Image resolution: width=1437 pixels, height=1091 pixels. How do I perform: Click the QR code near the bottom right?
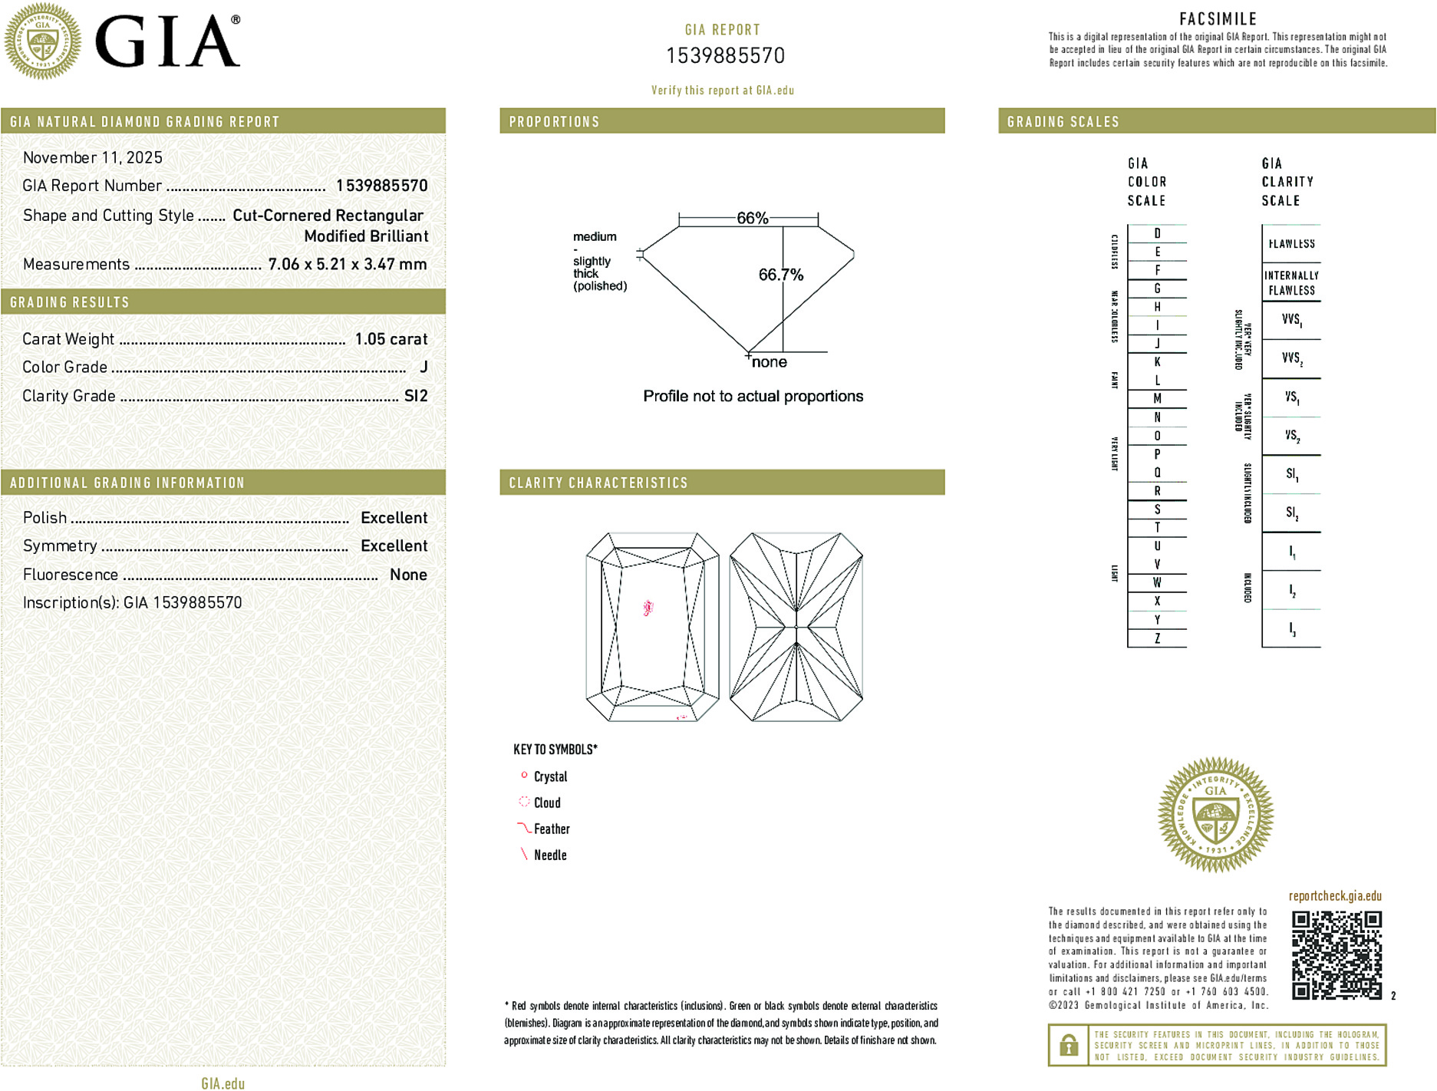(x=1336, y=955)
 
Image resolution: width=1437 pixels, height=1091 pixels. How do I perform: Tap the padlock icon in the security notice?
(x=1068, y=1045)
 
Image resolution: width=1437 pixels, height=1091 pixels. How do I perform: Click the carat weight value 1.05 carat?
(x=391, y=339)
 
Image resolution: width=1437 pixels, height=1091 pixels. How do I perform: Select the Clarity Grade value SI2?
(x=416, y=396)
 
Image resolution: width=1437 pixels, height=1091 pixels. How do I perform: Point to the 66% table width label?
(x=752, y=218)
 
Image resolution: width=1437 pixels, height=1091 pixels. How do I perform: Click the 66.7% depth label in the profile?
(x=780, y=275)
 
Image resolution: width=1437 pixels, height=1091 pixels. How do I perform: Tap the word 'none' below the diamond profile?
(x=770, y=362)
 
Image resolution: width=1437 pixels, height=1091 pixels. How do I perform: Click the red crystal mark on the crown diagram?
(x=648, y=608)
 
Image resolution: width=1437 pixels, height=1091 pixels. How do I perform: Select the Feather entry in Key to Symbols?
(x=552, y=829)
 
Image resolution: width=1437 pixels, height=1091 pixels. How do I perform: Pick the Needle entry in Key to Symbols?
(x=550, y=855)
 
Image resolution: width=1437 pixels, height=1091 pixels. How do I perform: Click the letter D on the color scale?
(x=1157, y=233)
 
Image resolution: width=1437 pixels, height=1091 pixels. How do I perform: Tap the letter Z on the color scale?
(x=1157, y=638)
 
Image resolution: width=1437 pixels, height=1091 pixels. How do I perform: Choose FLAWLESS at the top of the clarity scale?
(x=1291, y=244)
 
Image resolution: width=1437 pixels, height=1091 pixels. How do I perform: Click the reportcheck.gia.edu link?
(x=1335, y=896)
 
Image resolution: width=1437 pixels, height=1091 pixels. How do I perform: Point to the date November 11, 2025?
(x=93, y=157)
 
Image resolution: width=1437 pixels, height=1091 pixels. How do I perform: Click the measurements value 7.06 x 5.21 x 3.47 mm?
(x=348, y=264)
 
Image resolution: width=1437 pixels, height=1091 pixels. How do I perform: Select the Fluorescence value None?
(x=408, y=575)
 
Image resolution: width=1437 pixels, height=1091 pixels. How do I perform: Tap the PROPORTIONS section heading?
(x=554, y=122)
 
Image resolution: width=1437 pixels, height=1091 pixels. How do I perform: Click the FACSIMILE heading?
(x=1218, y=19)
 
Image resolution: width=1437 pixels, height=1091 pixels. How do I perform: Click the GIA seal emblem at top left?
(x=43, y=41)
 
